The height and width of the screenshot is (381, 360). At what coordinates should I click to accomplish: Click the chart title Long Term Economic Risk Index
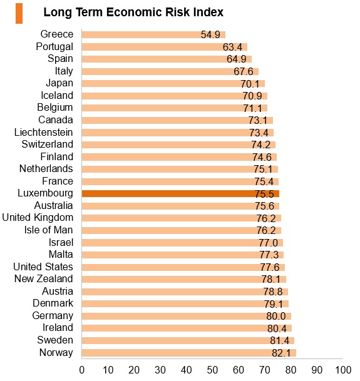(x=133, y=12)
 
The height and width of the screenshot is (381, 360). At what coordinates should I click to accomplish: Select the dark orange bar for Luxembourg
(x=180, y=194)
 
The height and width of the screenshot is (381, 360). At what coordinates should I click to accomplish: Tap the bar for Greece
(x=153, y=35)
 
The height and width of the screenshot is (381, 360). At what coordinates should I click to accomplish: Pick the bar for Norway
(x=189, y=353)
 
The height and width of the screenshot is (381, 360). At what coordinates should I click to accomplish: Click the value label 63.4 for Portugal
(x=232, y=47)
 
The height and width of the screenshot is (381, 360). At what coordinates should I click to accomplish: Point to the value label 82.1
(x=281, y=353)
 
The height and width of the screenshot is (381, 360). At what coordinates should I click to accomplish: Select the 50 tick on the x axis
(x=212, y=370)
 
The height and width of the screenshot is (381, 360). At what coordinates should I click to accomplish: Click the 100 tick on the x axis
(x=343, y=370)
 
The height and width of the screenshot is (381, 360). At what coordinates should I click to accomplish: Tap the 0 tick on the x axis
(x=82, y=370)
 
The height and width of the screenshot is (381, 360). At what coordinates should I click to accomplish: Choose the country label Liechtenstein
(x=44, y=133)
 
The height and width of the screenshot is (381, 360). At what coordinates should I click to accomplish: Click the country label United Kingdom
(x=38, y=218)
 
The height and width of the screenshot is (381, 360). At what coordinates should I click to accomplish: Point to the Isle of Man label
(x=49, y=230)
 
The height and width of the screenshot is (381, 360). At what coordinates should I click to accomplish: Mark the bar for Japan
(x=173, y=84)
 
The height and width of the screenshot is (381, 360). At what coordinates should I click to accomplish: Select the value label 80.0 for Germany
(x=276, y=316)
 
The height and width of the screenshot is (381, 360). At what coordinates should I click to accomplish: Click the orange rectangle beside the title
(x=19, y=13)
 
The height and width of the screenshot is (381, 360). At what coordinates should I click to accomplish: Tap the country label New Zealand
(x=44, y=278)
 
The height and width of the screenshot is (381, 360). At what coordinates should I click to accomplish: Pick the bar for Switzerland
(x=178, y=145)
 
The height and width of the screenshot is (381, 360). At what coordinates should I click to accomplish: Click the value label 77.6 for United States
(x=270, y=267)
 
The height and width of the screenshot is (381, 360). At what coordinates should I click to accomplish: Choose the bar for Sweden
(x=188, y=341)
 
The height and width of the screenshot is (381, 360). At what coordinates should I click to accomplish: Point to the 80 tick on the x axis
(x=291, y=370)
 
